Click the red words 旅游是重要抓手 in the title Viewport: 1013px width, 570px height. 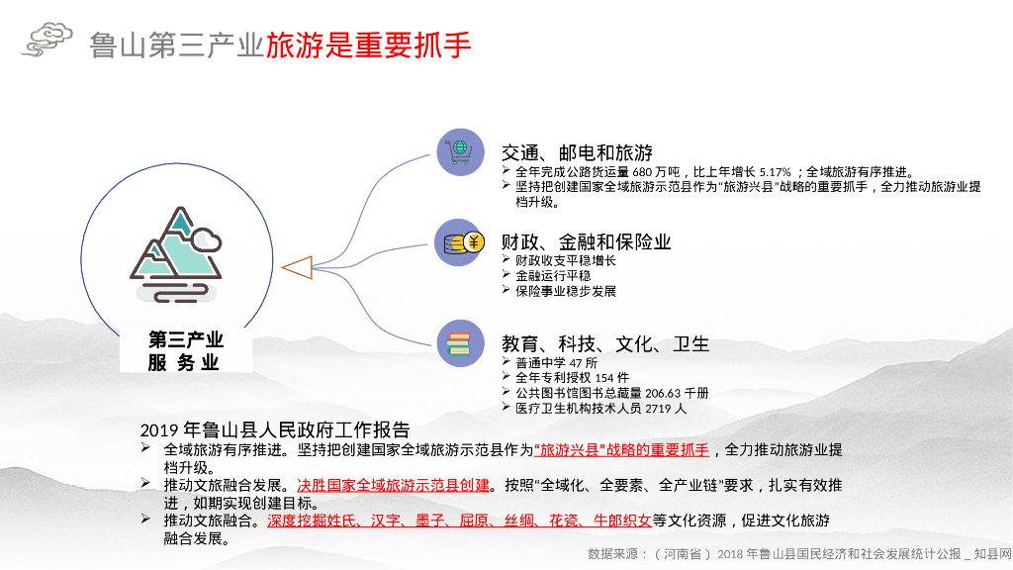click(x=368, y=45)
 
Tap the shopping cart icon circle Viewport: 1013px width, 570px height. click(x=460, y=152)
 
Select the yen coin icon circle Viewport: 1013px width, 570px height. click(x=460, y=243)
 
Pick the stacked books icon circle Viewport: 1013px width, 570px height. click(x=460, y=343)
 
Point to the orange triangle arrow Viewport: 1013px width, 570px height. click(x=297, y=267)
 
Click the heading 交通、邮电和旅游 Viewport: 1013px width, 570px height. click(x=577, y=152)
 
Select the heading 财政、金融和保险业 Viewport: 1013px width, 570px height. click(x=586, y=241)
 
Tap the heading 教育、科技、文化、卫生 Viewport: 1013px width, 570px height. click(x=604, y=343)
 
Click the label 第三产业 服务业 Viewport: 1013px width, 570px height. click(x=185, y=351)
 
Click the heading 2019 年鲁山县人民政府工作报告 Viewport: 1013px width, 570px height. click(x=275, y=430)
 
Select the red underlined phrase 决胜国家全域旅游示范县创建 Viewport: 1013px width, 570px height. click(x=393, y=485)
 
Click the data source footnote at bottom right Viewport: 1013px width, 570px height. click(x=799, y=553)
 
